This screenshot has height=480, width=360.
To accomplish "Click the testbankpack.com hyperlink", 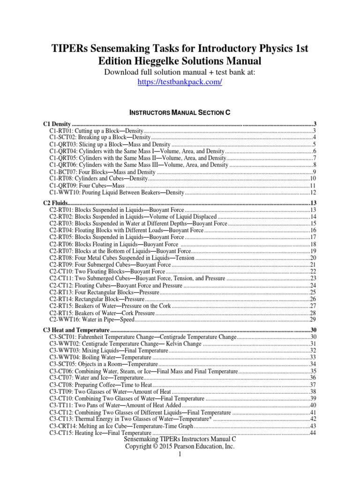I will [180, 82].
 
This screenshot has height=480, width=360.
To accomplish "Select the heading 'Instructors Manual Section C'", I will [180, 112].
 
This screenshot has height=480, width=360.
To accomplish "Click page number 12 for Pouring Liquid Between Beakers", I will [314, 193].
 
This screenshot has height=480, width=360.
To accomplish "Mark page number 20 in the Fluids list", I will [314, 258].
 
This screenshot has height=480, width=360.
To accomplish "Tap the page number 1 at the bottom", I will [180, 455].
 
